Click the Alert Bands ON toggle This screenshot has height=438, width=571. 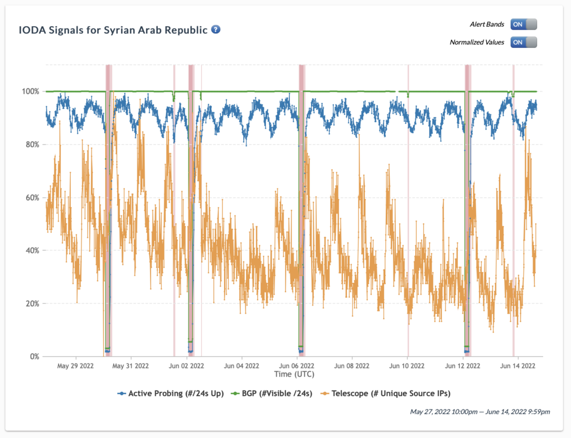[523, 25]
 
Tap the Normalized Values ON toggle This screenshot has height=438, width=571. [523, 42]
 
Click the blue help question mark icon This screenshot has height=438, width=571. [216, 29]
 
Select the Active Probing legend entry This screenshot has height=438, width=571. [171, 393]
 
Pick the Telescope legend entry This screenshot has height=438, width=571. [385, 393]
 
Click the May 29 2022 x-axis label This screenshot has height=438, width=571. [76, 366]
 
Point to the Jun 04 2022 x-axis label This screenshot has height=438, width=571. [241, 366]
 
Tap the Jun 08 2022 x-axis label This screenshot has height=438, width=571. [352, 366]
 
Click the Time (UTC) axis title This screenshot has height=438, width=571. [294, 373]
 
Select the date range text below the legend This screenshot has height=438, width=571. [480, 412]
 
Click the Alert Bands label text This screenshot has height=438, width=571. [487, 25]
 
